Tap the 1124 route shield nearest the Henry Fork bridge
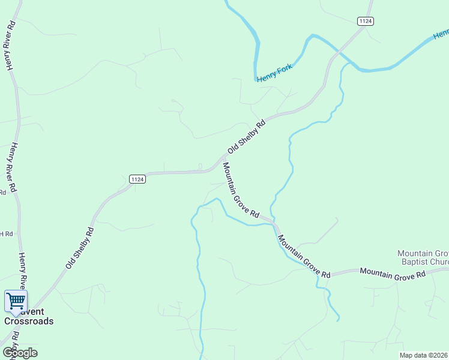(365, 21)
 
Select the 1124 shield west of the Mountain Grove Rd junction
(137, 179)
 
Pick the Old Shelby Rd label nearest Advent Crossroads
(80, 247)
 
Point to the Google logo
(20, 352)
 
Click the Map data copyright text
(424, 355)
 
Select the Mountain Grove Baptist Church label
(423, 257)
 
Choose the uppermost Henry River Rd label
(10, 47)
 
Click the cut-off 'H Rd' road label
(6, 233)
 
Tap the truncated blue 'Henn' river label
(441, 35)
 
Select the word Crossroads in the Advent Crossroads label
(29, 321)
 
